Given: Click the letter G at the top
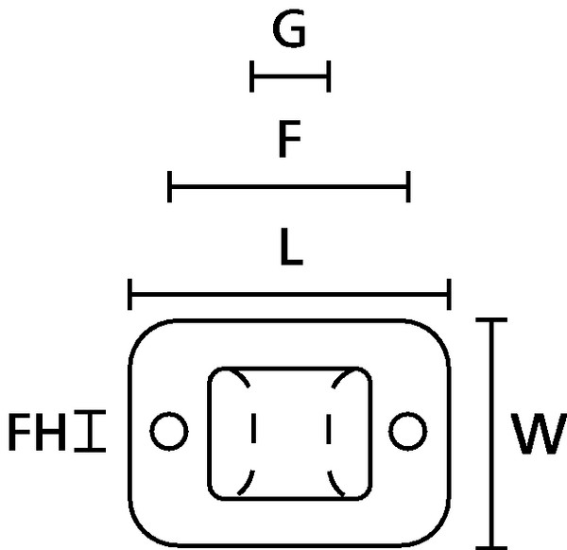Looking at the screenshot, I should pyautogui.click(x=288, y=32).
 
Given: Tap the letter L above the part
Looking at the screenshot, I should pyautogui.click(x=290, y=248).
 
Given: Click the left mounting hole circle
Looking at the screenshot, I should pyautogui.click(x=169, y=431).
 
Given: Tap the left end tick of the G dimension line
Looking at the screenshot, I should pyautogui.click(x=252, y=76).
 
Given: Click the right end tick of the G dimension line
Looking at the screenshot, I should pyautogui.click(x=328, y=76).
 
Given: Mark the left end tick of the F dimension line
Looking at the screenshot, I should pyautogui.click(x=169, y=186).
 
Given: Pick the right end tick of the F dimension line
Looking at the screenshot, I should pyautogui.click(x=409, y=186).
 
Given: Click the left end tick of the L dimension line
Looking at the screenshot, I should pyautogui.click(x=129, y=294).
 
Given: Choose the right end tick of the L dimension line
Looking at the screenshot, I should pyautogui.click(x=450, y=294).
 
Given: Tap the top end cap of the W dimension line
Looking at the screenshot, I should pyautogui.click(x=492, y=321).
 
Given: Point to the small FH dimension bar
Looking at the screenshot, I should pyautogui.click(x=91, y=431).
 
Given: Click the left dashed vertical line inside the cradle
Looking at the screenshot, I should pyautogui.click(x=252, y=431).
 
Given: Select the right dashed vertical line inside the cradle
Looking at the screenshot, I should pyautogui.click(x=328, y=431).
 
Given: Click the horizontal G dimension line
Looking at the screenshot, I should pyautogui.click(x=290, y=76).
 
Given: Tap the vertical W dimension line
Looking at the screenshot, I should pyautogui.click(x=492, y=434).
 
